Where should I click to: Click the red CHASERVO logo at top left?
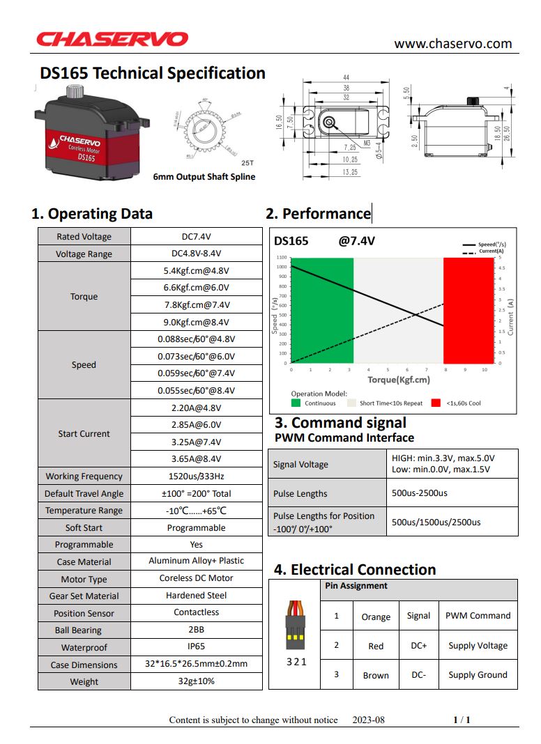112,39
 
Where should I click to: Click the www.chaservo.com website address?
452,44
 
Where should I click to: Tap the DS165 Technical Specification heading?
153,73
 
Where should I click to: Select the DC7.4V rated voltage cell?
196,237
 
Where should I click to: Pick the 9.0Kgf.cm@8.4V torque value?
196,323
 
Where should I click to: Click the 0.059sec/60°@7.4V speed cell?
196,373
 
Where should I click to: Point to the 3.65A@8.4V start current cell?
196,459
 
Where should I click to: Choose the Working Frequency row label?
84,476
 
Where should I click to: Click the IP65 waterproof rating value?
196,647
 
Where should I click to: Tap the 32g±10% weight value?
196,681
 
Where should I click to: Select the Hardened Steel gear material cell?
196,596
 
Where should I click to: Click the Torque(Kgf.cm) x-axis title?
399,380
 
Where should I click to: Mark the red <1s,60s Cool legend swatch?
436,403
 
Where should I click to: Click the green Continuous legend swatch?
296,403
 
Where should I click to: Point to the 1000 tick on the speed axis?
281,267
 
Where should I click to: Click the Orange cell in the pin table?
376,617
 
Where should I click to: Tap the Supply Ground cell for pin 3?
478,675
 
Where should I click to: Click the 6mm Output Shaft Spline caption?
204,177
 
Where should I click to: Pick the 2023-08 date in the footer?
368,720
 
